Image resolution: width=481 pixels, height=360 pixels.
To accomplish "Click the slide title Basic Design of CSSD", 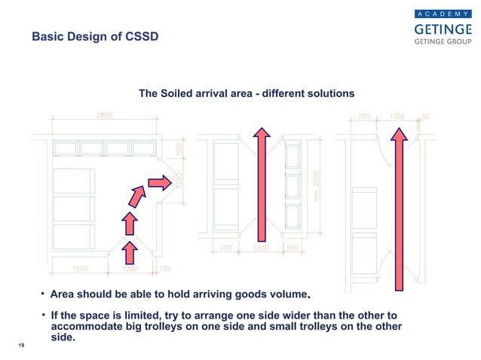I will pyautogui.click(x=94, y=38).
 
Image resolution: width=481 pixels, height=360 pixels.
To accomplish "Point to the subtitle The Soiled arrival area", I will pyautogui.click(x=247, y=94).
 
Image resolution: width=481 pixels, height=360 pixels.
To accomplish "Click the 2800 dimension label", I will pyautogui.click(x=105, y=114).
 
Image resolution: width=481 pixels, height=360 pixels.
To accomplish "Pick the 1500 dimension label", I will pyautogui.click(x=81, y=268).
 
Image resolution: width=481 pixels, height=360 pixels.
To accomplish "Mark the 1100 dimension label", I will pyautogui.click(x=397, y=117).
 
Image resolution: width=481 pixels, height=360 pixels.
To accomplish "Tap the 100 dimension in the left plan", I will pyautogui.click(x=164, y=268).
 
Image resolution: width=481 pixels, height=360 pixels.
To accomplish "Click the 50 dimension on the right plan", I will pyautogui.click(x=425, y=117).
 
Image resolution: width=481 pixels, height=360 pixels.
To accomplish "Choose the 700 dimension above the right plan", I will pyautogui.click(x=364, y=117).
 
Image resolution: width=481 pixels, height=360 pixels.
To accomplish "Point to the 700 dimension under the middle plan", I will pyautogui.click(x=225, y=247).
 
